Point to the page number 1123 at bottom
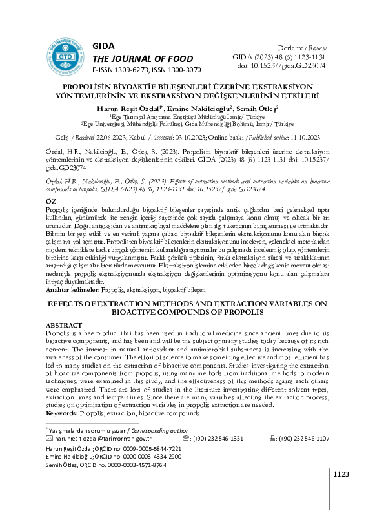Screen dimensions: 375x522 tap(340, 475)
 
